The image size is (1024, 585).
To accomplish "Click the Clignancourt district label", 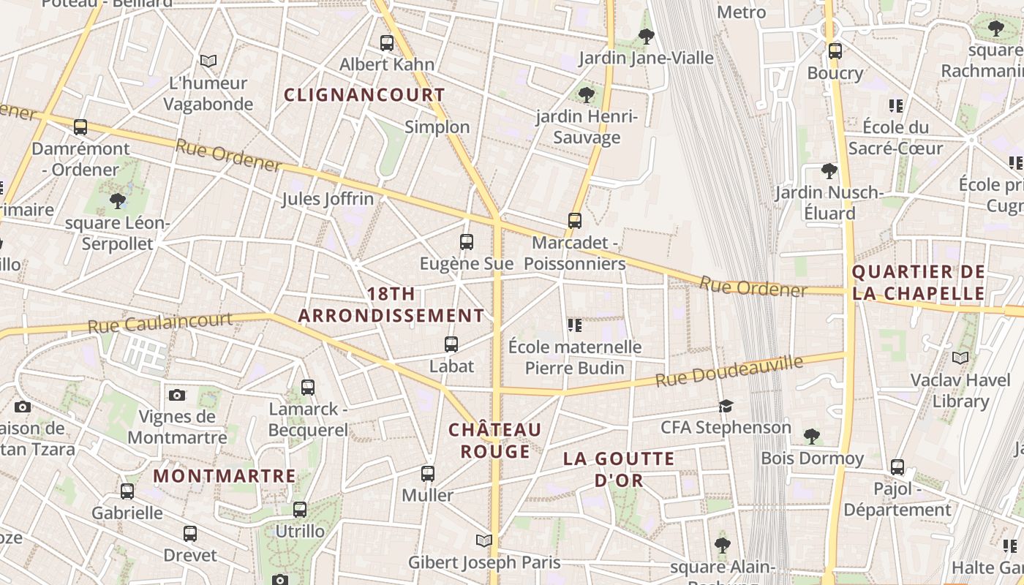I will click(x=364, y=95).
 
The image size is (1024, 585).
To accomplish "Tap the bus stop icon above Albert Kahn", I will click(x=387, y=43).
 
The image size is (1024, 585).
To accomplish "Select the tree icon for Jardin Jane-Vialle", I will click(x=646, y=36).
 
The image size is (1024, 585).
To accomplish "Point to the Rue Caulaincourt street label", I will click(x=159, y=322).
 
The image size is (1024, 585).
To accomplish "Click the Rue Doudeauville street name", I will click(x=729, y=371).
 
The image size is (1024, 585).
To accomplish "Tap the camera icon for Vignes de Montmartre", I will click(x=176, y=395).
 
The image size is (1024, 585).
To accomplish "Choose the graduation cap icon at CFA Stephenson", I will click(x=726, y=406).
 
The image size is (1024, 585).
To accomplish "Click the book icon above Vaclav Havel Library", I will click(x=960, y=358).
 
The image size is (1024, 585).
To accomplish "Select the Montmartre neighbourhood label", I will click(x=225, y=476).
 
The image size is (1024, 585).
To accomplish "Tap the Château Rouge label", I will click(x=495, y=440).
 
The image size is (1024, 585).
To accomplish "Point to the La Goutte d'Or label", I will click(x=619, y=469).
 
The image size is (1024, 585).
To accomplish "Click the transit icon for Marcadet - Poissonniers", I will click(x=575, y=220).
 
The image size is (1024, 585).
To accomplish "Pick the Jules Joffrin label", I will click(x=328, y=199).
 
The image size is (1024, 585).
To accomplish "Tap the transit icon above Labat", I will click(x=451, y=344).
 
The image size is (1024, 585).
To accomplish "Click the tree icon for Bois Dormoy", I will click(x=811, y=437).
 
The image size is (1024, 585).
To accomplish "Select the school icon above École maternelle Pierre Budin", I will click(x=575, y=325).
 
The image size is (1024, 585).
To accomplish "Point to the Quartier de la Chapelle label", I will click(x=919, y=282).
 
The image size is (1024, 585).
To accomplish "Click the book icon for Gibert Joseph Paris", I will click(x=483, y=540).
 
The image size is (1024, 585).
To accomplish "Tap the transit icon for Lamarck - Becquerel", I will click(x=308, y=387).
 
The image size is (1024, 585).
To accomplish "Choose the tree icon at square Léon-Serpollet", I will click(x=117, y=200).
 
